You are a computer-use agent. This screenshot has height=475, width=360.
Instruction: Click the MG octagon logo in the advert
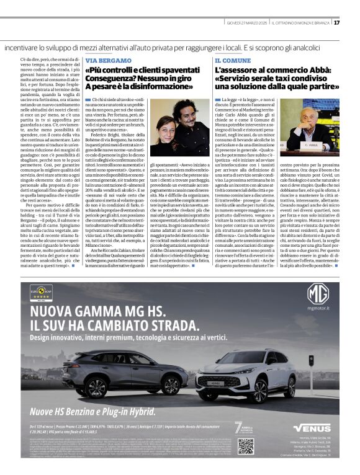click(318, 293)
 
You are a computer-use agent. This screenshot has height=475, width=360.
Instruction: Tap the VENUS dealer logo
click(312, 427)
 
